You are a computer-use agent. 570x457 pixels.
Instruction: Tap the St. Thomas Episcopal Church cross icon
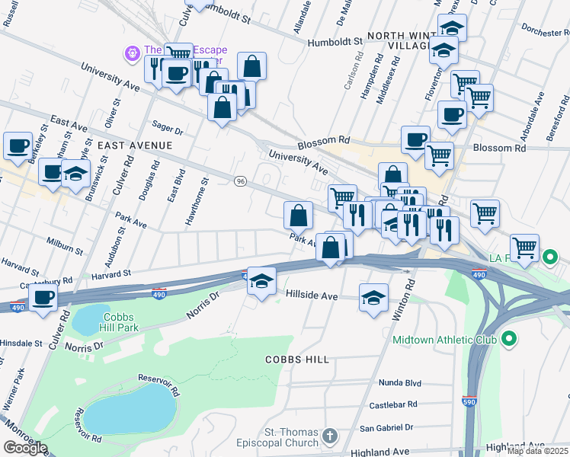tap(329, 436)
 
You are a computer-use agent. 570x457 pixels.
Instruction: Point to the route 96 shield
tap(241, 181)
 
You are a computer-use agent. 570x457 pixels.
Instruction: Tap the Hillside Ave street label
tap(311, 295)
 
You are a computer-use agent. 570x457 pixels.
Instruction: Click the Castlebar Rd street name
tap(392, 404)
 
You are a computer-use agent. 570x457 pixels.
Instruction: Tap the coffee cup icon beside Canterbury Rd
tap(43, 298)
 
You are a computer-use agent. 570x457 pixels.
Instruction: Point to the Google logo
tap(25, 448)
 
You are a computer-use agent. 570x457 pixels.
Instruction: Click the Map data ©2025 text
tap(537, 451)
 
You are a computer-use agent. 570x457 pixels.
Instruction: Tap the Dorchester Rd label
tap(543, 33)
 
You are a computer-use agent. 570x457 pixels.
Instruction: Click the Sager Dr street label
tap(168, 130)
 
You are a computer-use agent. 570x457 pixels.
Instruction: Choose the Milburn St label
tap(65, 248)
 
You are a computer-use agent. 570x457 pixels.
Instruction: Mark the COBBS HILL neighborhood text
tap(297, 359)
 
